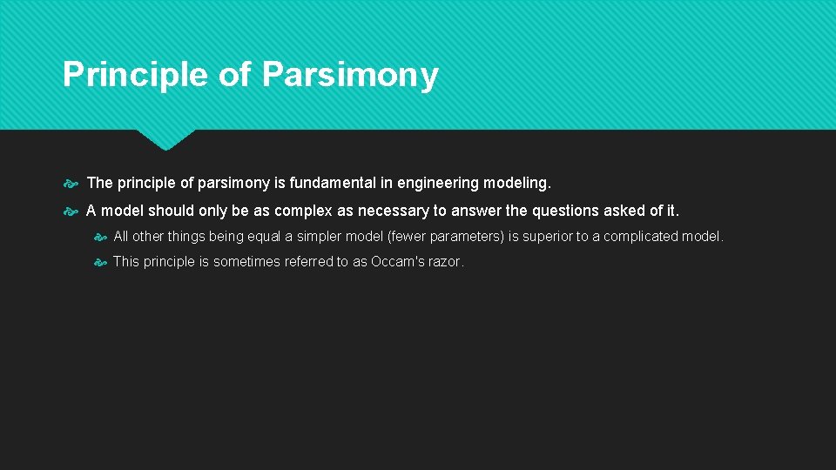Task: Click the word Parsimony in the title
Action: click(x=349, y=75)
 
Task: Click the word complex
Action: click(x=306, y=211)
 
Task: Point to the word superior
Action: click(x=548, y=237)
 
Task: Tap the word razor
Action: click(x=447, y=262)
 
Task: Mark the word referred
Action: click(x=308, y=262)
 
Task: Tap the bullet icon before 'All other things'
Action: click(x=99, y=238)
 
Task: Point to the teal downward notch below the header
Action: click(x=165, y=139)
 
